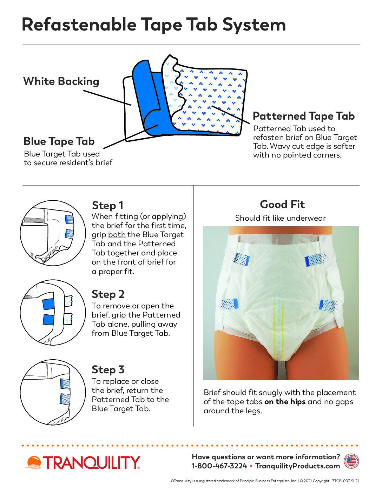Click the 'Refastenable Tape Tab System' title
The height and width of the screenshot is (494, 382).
(154, 25)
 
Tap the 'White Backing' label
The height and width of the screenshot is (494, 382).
(61, 81)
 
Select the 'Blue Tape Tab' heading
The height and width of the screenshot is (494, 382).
(59, 141)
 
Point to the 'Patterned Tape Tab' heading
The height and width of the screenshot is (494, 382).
(304, 116)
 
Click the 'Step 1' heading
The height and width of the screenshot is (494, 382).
(108, 206)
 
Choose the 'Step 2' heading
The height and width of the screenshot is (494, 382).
(108, 294)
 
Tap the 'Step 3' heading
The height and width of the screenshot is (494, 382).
(108, 370)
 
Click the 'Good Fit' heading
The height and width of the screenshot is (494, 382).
(282, 205)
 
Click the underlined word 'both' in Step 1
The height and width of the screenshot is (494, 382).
(117, 235)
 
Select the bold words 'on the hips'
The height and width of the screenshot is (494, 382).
(285, 402)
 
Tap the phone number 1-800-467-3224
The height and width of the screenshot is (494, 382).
(219, 466)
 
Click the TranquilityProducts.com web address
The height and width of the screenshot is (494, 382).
(298, 466)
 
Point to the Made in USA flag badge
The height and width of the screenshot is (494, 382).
(351, 461)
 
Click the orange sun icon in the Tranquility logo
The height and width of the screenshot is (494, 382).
(34, 462)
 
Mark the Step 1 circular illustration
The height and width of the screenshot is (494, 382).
(53, 233)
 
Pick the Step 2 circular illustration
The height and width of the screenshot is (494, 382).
(53, 313)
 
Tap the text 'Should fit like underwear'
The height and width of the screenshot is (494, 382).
(280, 218)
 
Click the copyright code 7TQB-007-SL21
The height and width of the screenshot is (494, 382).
(345, 481)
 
